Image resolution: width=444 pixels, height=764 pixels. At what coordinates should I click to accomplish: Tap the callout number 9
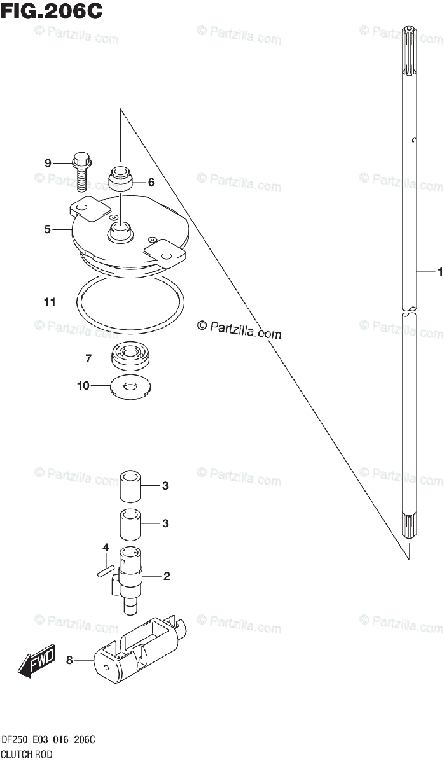click(x=48, y=164)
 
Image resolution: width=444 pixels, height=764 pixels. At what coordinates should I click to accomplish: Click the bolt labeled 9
click(x=81, y=171)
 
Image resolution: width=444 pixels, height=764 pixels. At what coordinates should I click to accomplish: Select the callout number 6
click(x=151, y=182)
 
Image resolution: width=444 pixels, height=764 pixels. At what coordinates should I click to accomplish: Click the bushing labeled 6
click(x=120, y=178)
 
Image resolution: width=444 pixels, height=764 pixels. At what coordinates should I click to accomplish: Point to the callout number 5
click(x=48, y=229)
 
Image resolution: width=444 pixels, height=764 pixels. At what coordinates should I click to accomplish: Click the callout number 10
click(x=83, y=385)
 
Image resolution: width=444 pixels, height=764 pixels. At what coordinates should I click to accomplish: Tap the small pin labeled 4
click(x=105, y=570)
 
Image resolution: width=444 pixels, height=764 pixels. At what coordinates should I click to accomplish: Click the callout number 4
click(x=106, y=548)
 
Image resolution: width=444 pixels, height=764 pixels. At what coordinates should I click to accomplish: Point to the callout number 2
click(x=166, y=577)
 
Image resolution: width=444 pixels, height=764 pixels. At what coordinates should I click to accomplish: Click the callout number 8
click(x=69, y=660)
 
